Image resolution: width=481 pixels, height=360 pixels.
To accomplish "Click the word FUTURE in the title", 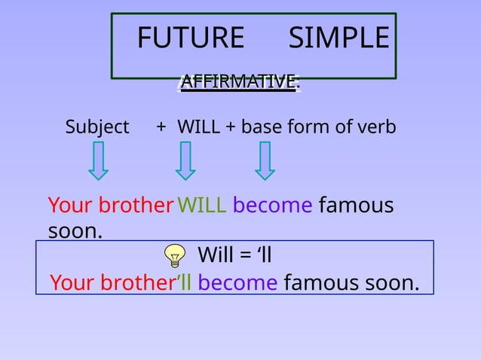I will (191, 38).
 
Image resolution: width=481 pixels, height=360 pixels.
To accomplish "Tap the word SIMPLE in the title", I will (339, 38).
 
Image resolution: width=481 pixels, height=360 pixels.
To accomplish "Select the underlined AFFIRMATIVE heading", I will (239, 81).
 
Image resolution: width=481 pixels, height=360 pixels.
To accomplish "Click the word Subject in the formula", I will (97, 127).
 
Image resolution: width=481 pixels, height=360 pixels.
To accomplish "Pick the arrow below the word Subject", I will (99, 162).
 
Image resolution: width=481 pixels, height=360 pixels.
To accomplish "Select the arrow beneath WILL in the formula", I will (185, 162).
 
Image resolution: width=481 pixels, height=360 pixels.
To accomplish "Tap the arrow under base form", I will (265, 162).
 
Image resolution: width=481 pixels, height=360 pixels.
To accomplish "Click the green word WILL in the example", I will (201, 205).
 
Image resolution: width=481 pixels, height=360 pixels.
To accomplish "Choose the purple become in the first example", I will (272, 205).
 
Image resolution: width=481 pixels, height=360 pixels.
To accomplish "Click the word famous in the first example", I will (356, 205).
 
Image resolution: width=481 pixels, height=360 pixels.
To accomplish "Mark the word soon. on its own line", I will (75, 230).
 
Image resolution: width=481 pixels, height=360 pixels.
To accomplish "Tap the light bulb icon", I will (175, 257).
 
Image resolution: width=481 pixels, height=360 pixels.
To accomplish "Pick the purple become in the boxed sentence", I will (237, 283).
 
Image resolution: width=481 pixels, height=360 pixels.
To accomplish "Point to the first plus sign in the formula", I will (161, 127).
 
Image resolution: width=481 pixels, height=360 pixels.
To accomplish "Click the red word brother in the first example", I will (136, 205).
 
